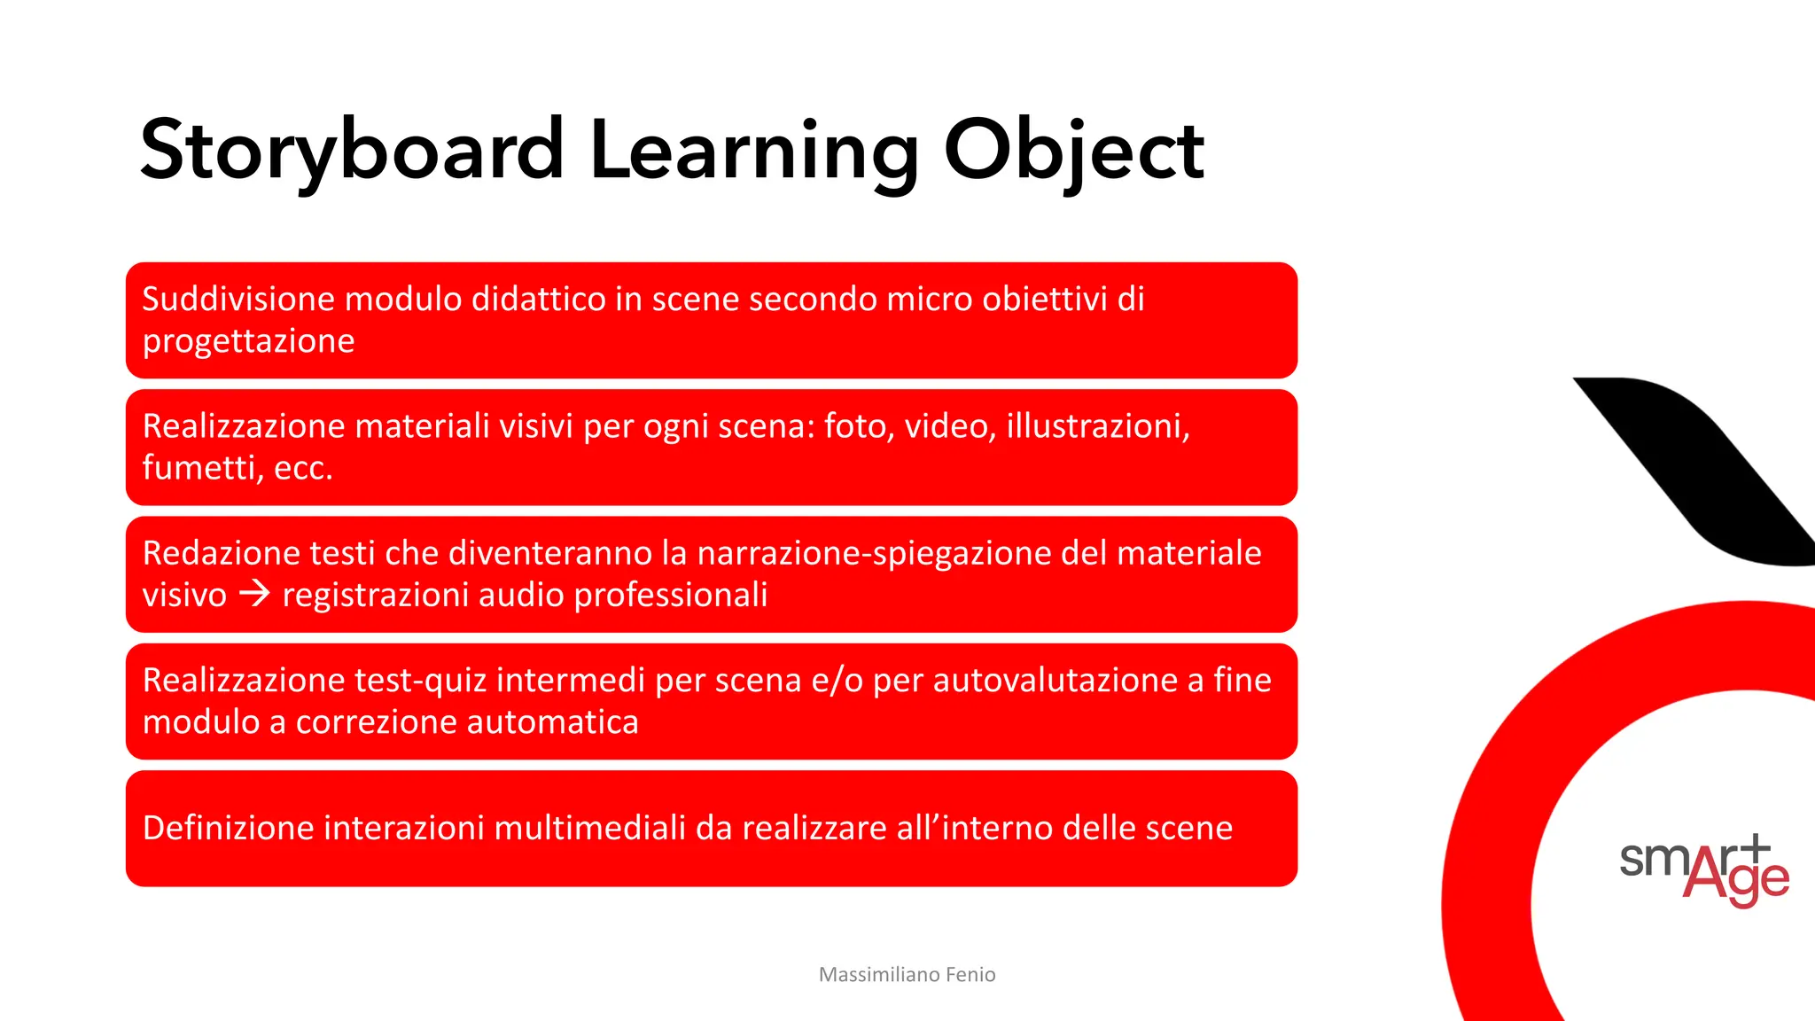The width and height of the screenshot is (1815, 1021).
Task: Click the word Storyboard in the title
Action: pos(352,151)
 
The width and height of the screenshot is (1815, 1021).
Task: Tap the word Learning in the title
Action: pos(754,151)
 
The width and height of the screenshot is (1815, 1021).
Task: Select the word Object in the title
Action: pos(1073,151)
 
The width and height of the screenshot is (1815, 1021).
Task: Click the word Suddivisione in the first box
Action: pos(238,300)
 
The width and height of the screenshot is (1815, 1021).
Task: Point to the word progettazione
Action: pos(248,341)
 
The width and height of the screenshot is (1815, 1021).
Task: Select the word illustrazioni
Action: pos(1097,426)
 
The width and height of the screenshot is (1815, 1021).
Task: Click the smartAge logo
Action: pos(1703,870)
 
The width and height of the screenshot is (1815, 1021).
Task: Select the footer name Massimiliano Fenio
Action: pos(907,975)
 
